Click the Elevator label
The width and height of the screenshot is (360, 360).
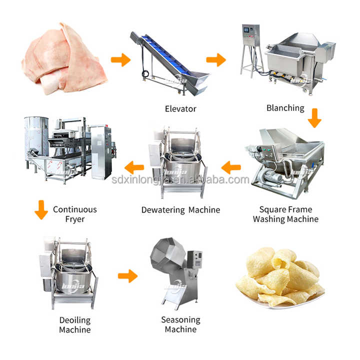pyautogui.click(x=180, y=108)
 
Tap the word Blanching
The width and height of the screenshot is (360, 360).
pyautogui.click(x=285, y=108)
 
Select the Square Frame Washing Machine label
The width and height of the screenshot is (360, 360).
pyautogui.click(x=285, y=214)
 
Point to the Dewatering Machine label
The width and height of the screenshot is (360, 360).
pyautogui.click(x=180, y=210)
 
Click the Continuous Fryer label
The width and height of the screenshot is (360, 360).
pyautogui.click(x=75, y=214)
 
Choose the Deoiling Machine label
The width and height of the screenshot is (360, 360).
pyautogui.click(x=75, y=324)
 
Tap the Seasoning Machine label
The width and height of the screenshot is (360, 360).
pyautogui.click(x=180, y=324)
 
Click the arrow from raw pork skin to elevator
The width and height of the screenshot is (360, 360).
pyautogui.click(x=120, y=60)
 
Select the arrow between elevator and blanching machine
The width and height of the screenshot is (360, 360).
pyautogui.click(x=216, y=60)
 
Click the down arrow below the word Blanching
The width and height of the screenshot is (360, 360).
pyautogui.click(x=314, y=118)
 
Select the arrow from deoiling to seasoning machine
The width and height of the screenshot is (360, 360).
pyautogui.click(x=127, y=275)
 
